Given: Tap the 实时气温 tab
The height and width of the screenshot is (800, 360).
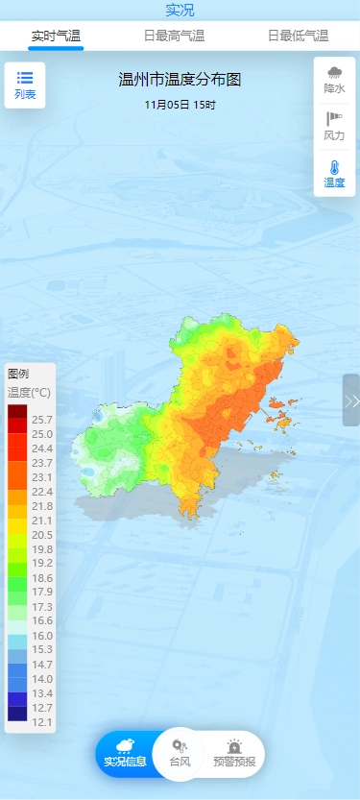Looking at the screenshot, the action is (x=56, y=36).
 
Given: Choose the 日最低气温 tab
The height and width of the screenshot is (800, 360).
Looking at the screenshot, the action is (x=298, y=36).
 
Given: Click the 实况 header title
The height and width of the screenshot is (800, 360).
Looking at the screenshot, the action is (x=180, y=11).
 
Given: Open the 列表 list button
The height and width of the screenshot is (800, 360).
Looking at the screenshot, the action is (x=25, y=85).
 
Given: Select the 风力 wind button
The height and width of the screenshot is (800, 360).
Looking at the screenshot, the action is (x=334, y=127).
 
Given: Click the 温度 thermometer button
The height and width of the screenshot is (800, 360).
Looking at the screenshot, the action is (x=334, y=173).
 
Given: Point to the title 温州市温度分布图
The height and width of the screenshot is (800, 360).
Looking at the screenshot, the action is (x=180, y=80).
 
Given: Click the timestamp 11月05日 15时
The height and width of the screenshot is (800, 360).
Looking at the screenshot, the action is (x=180, y=104).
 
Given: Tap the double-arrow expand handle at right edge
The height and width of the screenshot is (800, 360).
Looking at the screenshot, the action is (x=351, y=400).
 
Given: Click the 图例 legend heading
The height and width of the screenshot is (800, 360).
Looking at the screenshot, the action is (x=18, y=374).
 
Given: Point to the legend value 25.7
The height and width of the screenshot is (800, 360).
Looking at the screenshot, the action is (x=42, y=420).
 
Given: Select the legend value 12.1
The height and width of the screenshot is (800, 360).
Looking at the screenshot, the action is (x=42, y=721).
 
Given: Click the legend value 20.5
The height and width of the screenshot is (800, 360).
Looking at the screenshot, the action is (x=42, y=535).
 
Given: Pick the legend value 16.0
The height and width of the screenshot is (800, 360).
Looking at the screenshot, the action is (x=42, y=636).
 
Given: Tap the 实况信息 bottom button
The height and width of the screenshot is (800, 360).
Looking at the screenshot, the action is (x=126, y=753).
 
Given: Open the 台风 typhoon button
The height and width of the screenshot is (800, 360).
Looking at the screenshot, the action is (x=180, y=753).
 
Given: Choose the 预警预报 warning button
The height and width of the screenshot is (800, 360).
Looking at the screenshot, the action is (x=234, y=753).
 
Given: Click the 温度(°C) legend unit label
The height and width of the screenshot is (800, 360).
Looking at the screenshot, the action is (x=30, y=392).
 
